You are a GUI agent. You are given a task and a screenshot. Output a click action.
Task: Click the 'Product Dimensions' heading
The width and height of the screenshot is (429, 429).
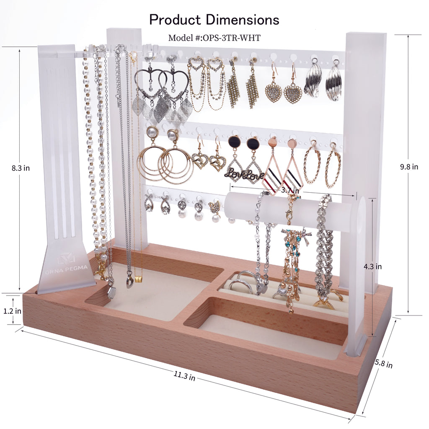coord(214,20)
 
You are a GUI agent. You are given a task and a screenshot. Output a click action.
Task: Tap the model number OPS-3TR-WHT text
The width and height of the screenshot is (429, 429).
coord(214,37)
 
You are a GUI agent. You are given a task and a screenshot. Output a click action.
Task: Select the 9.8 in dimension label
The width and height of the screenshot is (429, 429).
coord(409,167)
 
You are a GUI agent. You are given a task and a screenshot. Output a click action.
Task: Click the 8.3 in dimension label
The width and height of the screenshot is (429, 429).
coord(21,168)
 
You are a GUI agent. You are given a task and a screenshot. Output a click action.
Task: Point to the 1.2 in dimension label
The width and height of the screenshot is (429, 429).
coord(12,311)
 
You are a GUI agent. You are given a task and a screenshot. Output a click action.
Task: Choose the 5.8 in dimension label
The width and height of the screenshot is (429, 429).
coord(384,364)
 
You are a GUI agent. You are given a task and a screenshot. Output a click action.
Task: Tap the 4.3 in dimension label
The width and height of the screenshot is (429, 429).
coord(372,266)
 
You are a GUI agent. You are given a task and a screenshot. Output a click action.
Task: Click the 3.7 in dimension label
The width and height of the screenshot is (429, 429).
coord(290,190)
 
